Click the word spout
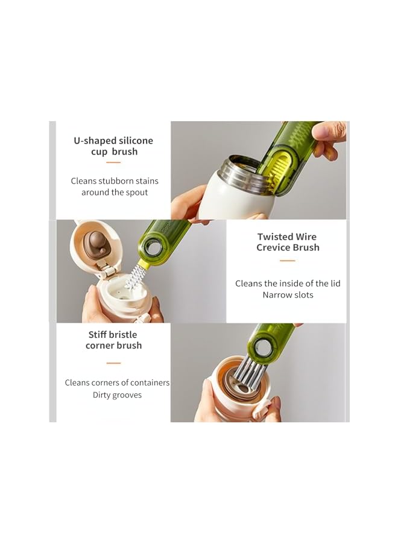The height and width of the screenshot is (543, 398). tap(136, 192)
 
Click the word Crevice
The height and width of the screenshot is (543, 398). tap(274, 247)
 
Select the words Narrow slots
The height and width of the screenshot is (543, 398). tap(288, 295)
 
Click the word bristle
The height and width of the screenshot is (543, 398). tap(123, 334)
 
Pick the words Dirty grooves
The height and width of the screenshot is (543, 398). tap(117, 395)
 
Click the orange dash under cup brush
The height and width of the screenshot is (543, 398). tap(113, 162)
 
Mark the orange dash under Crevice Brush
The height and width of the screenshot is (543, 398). tap(288, 261)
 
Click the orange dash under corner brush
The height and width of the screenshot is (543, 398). tap(113, 363)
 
